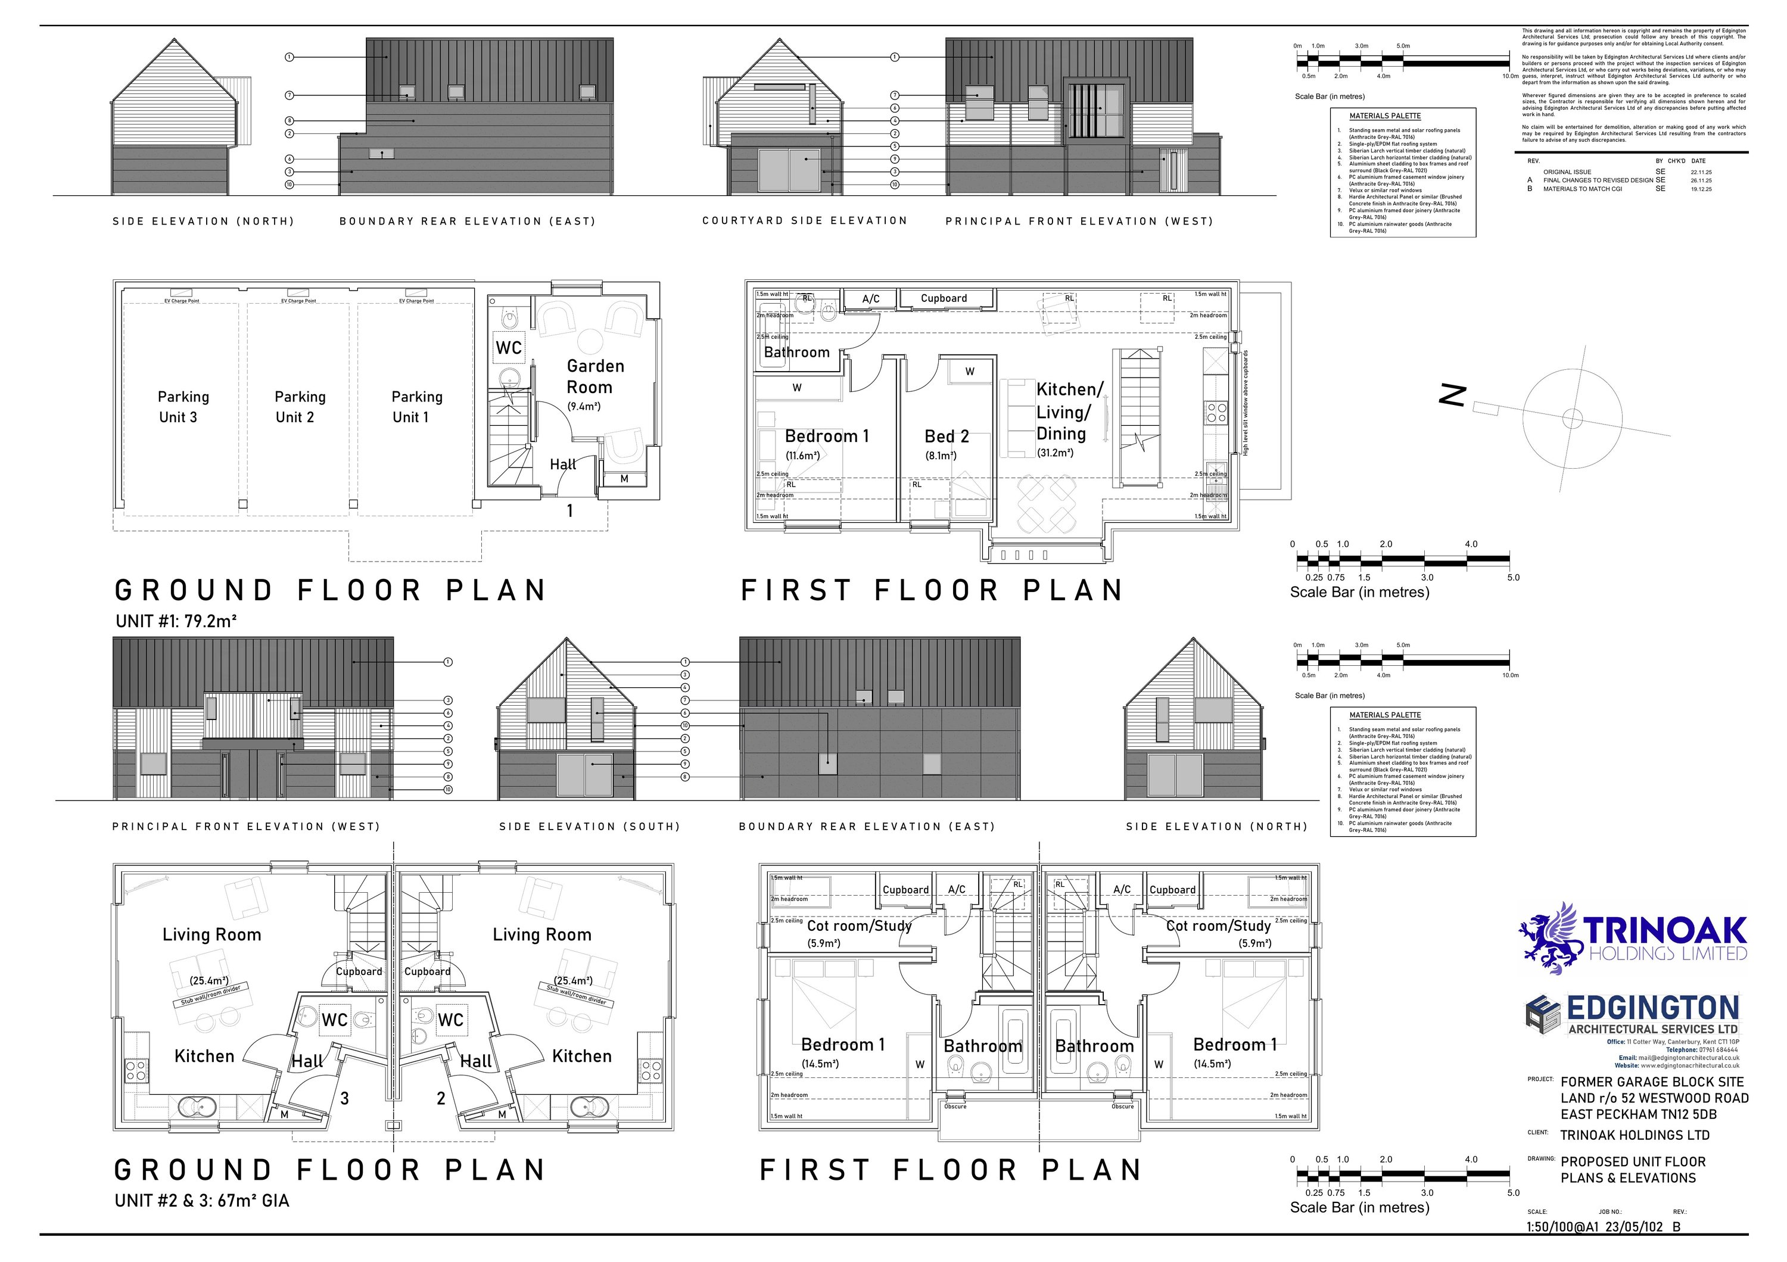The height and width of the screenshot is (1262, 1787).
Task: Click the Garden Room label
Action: (594, 376)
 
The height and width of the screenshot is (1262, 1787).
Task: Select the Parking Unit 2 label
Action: (299, 407)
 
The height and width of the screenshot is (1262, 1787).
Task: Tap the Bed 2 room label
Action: (947, 437)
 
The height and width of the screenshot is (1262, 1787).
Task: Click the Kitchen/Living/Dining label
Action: (1069, 412)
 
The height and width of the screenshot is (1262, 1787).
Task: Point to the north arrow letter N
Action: (1452, 396)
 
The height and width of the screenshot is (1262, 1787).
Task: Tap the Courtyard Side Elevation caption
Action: (805, 221)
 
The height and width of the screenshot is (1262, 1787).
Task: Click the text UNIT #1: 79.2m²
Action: (176, 621)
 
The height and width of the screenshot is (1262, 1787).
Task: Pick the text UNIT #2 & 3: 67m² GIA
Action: (201, 1201)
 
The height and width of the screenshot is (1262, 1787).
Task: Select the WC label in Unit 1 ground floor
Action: (509, 348)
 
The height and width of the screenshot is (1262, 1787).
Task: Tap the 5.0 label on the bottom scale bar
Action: (1512, 1193)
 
